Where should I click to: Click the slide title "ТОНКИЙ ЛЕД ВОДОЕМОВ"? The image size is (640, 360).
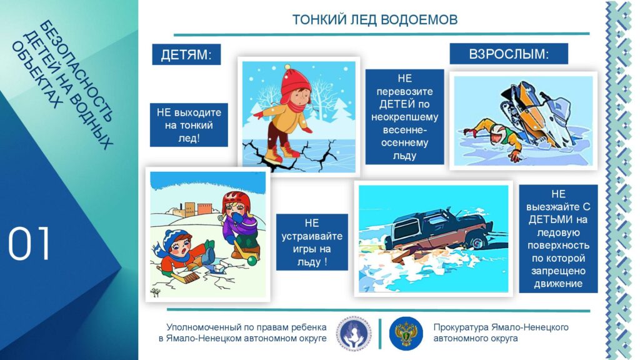[x=375, y=19]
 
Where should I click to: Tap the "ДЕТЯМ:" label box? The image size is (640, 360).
[x=186, y=55]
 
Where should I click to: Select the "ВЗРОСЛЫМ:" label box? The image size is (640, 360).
[x=509, y=54]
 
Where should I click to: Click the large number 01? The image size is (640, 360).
[x=29, y=244]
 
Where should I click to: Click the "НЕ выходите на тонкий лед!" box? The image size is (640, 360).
[x=189, y=125]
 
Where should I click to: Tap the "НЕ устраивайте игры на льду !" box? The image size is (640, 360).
[x=312, y=242]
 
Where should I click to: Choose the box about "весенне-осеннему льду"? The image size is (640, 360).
[x=404, y=117]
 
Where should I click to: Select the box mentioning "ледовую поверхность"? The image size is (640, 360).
[x=558, y=239]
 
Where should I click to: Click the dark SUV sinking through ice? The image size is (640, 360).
[x=439, y=230]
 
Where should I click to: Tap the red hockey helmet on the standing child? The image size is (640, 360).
[x=236, y=202]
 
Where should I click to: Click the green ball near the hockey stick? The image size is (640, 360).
[x=252, y=261]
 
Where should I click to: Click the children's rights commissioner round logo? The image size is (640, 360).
[x=354, y=334]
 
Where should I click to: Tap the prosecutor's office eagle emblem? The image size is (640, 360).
[x=406, y=334]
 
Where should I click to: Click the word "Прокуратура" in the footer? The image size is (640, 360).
[x=461, y=327]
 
